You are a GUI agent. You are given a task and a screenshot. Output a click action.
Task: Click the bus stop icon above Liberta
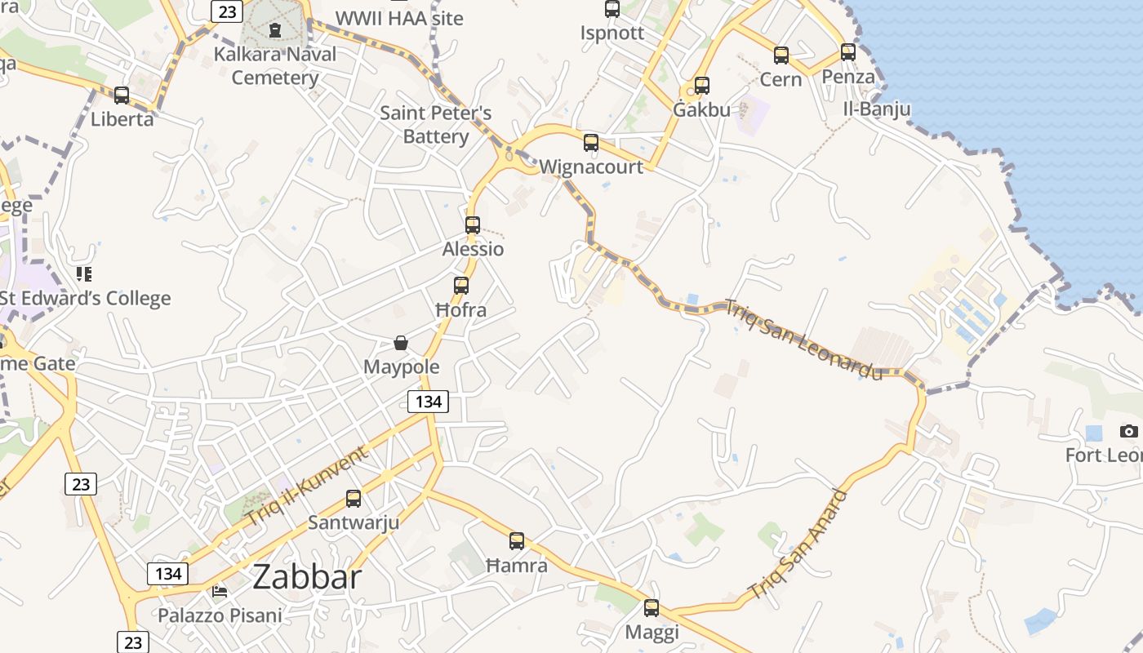point(122,96)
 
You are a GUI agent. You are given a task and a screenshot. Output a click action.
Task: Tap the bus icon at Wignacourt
point(591,143)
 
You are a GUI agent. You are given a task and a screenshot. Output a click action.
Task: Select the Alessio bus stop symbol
point(473,225)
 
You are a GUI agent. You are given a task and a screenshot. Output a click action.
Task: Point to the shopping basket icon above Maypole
point(401,343)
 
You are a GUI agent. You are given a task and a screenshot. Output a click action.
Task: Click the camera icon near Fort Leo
point(1128,431)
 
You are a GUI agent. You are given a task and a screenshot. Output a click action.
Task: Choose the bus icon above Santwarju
point(354,498)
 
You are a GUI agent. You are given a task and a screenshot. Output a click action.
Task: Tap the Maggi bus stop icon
point(651,608)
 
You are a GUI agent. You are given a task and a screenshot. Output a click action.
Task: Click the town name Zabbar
point(307,577)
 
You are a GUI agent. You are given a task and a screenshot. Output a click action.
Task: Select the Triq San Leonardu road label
point(804,340)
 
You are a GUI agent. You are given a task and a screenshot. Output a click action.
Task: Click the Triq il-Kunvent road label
point(307,487)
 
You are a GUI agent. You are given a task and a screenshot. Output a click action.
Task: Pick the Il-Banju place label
point(877,109)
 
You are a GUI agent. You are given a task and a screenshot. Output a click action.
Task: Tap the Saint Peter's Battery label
point(436,124)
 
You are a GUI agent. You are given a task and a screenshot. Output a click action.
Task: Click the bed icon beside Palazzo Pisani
point(220,590)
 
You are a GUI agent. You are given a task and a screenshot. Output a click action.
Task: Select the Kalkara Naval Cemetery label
point(274,66)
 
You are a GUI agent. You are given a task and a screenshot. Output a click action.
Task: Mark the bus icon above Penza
point(848,53)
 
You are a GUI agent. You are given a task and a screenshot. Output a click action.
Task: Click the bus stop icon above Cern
point(781,56)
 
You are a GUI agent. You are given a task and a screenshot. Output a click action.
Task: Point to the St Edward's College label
point(85,298)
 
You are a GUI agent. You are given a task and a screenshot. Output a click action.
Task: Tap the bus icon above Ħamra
point(517,541)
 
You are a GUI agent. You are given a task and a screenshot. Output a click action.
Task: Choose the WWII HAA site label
point(399,18)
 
